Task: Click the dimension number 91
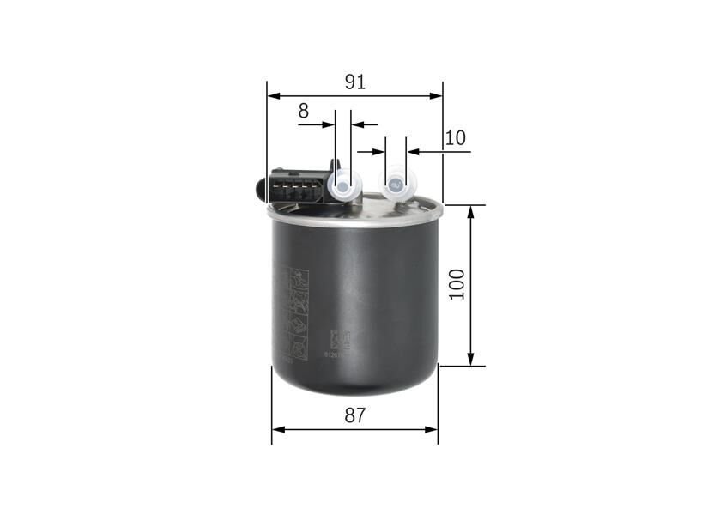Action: pyautogui.click(x=355, y=82)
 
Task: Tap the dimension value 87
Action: pyautogui.click(x=355, y=415)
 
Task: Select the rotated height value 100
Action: pyautogui.click(x=457, y=284)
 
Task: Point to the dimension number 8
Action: pyautogui.click(x=303, y=111)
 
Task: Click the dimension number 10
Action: pyautogui.click(x=456, y=137)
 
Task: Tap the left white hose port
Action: pyautogui.click(x=342, y=184)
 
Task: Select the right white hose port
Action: pyautogui.click(x=396, y=183)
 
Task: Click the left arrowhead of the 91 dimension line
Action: pyautogui.click(x=273, y=96)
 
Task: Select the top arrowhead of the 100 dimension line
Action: pyautogui.click(x=470, y=212)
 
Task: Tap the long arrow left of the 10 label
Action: pyautogui.click(x=439, y=152)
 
